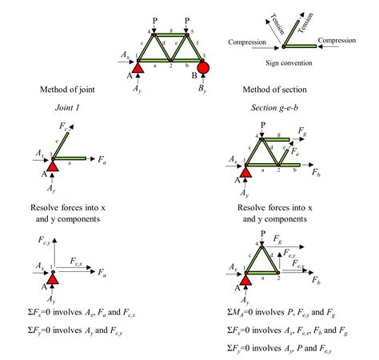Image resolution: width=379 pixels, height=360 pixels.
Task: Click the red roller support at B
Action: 202,66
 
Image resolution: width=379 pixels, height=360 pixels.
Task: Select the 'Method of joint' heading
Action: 66,89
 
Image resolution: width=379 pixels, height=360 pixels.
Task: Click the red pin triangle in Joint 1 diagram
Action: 53,166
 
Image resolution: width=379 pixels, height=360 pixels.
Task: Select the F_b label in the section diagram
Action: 317,172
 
